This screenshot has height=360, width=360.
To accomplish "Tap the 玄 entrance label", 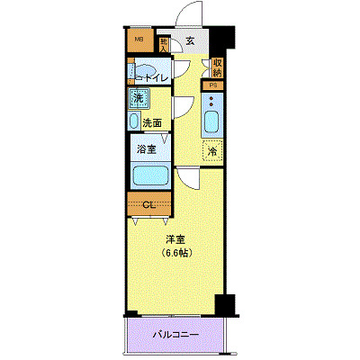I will pyautogui.click(x=190, y=40).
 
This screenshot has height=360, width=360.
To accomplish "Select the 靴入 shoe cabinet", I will pyautogui.click(x=164, y=42).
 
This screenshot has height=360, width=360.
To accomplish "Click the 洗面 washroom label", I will pyautogui.click(x=152, y=122).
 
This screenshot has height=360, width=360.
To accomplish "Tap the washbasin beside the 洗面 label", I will pyautogui.click(x=134, y=121).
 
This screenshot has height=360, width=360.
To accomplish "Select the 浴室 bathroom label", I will pyautogui.click(x=146, y=148).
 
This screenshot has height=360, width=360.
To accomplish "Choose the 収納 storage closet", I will pyautogui.click(x=217, y=68).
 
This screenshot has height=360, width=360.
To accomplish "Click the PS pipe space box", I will pyautogui.click(x=213, y=85).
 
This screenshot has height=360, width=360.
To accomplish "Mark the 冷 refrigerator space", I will pyautogui.click(x=214, y=151).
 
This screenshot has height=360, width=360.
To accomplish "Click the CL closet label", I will pyautogui.click(x=150, y=205).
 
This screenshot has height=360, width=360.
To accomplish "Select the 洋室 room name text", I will pyautogui.click(x=175, y=240).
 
